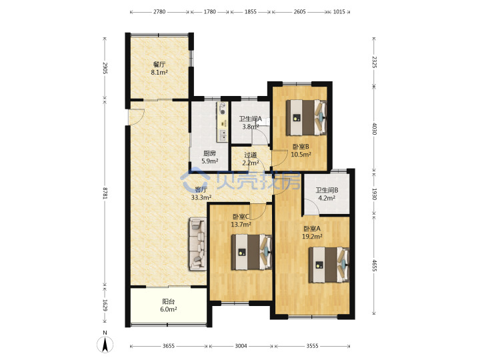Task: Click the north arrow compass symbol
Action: [105, 343]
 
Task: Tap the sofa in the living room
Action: [198, 244]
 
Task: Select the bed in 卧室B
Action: [307, 118]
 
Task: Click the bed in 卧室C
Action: [251, 252]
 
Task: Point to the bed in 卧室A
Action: [329, 265]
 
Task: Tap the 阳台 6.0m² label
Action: [169, 305]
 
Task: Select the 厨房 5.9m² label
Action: [210, 157]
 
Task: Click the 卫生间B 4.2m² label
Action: [327, 194]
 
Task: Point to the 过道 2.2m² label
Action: [251, 159]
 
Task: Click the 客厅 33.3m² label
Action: [201, 194]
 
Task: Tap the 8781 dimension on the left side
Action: [105, 193]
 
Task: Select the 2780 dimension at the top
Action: [159, 12]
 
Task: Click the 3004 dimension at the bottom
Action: [241, 346]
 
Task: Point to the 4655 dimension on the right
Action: [374, 265]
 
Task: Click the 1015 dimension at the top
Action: [339, 12]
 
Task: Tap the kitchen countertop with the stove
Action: [223, 122]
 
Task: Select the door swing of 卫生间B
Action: [312, 207]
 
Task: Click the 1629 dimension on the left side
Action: [105, 305]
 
